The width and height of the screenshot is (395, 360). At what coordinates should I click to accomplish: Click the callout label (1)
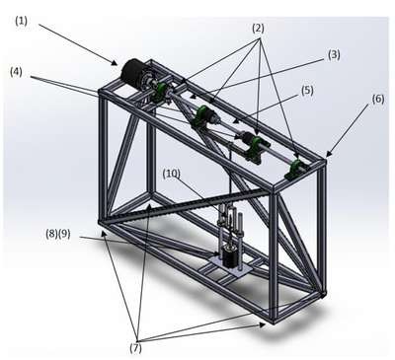tap(21, 21)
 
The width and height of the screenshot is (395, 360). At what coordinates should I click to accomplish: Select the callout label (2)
tap(258, 29)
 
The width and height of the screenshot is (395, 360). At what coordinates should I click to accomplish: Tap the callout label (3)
tap(334, 54)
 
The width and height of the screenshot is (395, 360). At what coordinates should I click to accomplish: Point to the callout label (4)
tap(16, 72)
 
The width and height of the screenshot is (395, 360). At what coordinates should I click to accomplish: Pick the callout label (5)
tap(307, 91)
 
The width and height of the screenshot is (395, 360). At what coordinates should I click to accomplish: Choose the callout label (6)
tap(377, 99)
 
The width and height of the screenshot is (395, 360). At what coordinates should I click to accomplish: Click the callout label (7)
tap(135, 348)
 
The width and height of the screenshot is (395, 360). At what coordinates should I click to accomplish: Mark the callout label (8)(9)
tap(58, 234)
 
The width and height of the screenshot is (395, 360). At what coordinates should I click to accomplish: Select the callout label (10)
tap(172, 175)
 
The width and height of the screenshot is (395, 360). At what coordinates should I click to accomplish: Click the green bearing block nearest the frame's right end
tap(296, 170)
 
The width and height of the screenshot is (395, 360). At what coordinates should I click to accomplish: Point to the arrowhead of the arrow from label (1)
tap(116, 63)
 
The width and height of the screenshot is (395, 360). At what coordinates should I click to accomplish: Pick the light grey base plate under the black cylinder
tap(231, 267)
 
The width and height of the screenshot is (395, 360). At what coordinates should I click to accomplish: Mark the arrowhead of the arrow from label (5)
tap(235, 121)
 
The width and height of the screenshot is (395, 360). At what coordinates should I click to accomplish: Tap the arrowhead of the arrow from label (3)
tap(193, 97)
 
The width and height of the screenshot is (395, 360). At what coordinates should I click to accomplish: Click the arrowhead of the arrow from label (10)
tap(225, 216)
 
